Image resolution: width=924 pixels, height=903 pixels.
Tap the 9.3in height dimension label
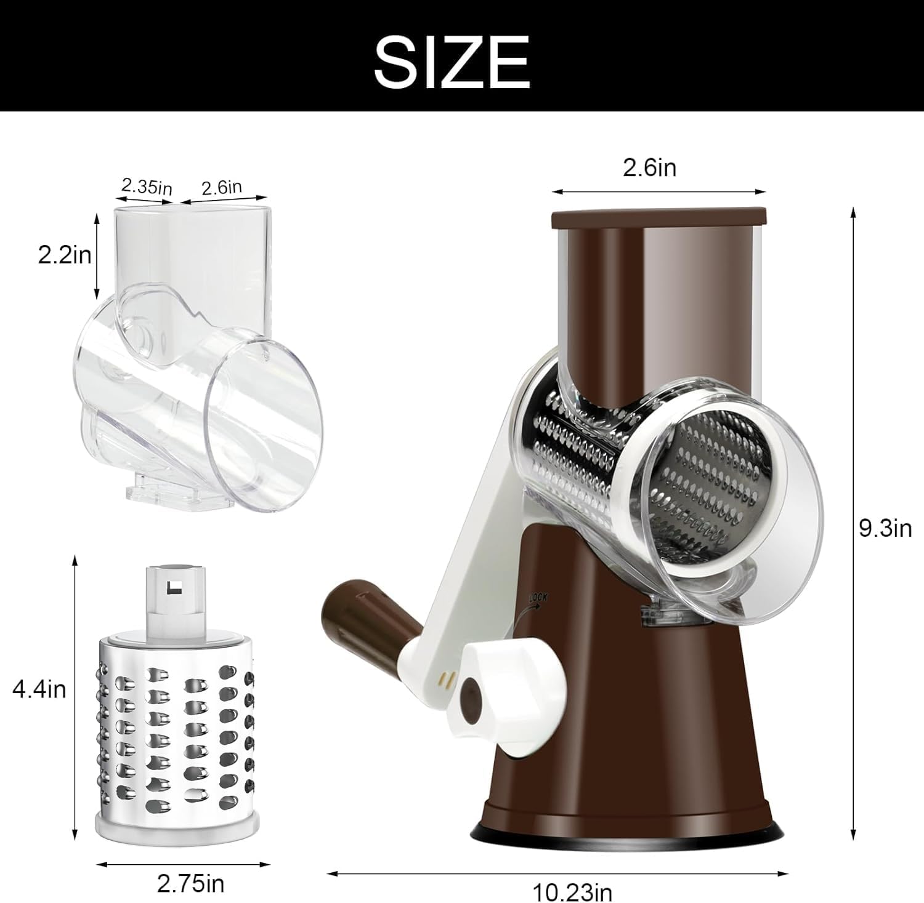tap(885, 528)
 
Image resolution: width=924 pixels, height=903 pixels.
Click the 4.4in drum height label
tap(39, 689)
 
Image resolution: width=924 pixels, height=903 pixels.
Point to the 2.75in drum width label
tap(190, 884)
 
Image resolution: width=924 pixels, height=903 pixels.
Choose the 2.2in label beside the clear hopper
tap(65, 254)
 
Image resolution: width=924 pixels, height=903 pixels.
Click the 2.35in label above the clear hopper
tap(146, 186)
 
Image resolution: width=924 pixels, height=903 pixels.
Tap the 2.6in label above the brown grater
tap(649, 167)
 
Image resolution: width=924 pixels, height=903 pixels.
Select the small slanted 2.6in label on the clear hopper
tap(222, 187)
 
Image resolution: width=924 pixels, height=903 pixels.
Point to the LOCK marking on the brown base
tap(537, 598)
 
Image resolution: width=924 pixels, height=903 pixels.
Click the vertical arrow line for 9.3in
tap(853, 523)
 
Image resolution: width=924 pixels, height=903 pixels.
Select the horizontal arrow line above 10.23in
tap(557, 872)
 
